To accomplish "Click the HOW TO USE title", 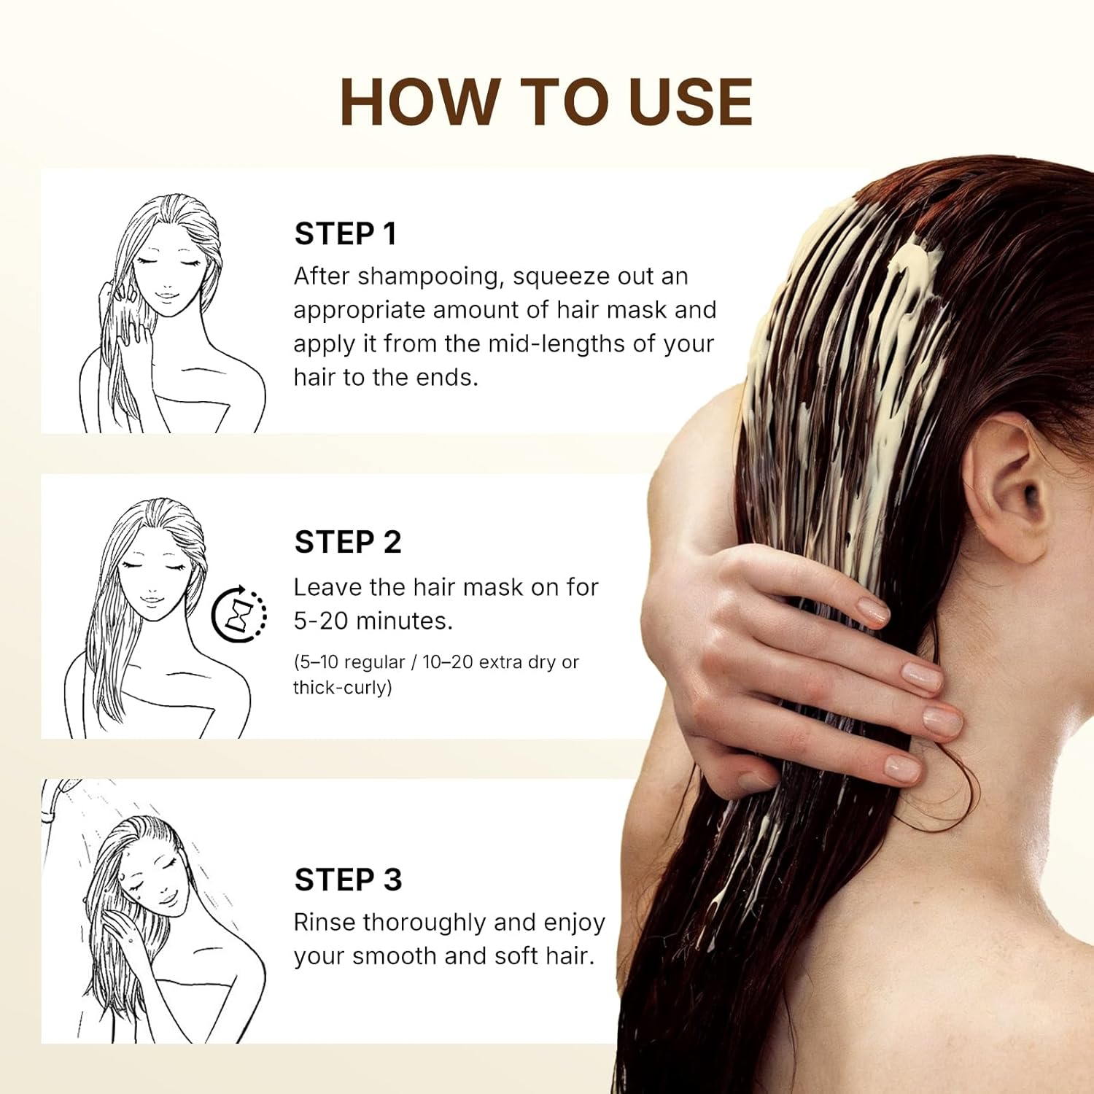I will (546, 102).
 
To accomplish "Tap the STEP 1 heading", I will (346, 234).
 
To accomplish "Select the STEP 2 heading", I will (348, 542).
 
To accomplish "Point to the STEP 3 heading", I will (348, 880).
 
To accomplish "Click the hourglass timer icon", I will (239, 615).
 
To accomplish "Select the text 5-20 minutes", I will (373, 621).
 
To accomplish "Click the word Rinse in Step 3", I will (325, 922).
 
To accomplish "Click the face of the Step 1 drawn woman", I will (168, 277).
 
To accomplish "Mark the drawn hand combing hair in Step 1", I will (128, 314).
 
